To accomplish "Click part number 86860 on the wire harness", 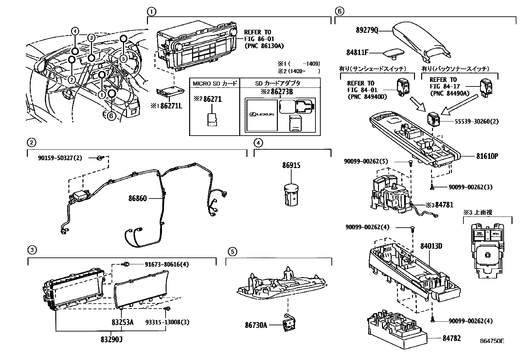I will [x=137, y=198].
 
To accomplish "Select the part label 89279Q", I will [x=367, y=30].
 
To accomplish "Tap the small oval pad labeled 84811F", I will [x=392, y=52].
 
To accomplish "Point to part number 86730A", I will [x=256, y=325].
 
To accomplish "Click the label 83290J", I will [x=112, y=339].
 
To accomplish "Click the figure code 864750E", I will [x=492, y=341].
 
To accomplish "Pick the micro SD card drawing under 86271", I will [x=212, y=120].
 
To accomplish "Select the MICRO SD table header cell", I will [x=215, y=83].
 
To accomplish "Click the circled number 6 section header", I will [x=339, y=11].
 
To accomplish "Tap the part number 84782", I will [x=452, y=338].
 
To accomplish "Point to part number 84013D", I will [x=431, y=245].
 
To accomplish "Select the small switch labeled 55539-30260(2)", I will [x=434, y=119].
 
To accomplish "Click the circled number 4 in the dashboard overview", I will [x=75, y=31].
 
